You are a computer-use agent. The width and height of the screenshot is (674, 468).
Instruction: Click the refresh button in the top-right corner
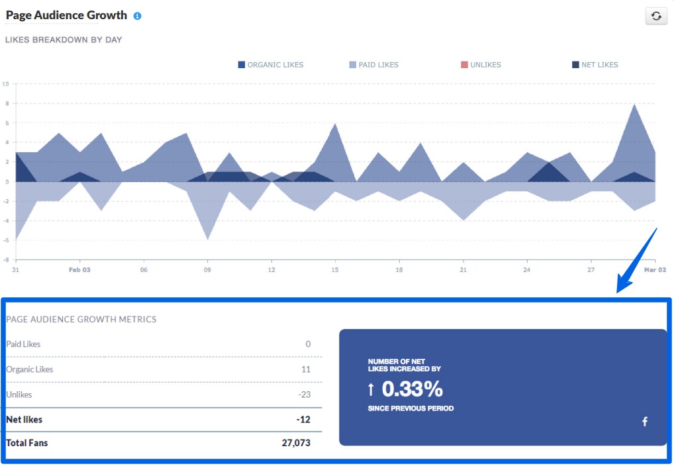pos(655,16)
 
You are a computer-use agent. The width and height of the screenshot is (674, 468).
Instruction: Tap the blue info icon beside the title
pos(137,16)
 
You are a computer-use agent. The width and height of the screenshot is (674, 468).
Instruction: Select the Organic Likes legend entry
pos(271,65)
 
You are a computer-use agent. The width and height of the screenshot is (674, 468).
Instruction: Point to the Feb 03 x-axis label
pos(79,270)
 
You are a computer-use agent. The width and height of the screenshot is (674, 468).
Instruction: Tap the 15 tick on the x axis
pos(335,270)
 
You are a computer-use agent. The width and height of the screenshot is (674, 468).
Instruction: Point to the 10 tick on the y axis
pos(5,84)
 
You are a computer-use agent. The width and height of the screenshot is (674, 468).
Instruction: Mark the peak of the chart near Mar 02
pos(635,104)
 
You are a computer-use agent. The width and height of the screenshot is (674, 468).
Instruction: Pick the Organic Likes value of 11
pos(305,369)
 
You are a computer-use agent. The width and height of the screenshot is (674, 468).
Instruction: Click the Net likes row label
pos(24,419)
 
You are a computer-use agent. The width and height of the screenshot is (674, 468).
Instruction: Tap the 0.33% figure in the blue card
pos(412,389)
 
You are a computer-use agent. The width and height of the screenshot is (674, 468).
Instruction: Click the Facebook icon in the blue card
pos(645,422)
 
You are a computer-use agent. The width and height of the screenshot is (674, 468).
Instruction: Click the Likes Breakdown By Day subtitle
pos(64,40)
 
